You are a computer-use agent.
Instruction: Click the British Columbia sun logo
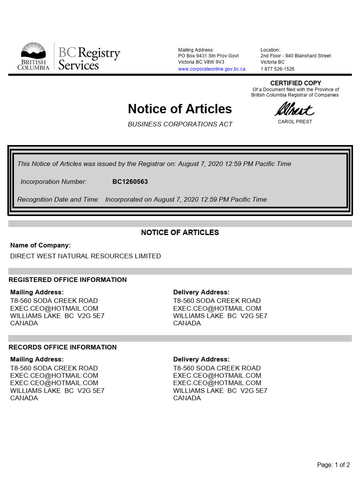coord(33,51)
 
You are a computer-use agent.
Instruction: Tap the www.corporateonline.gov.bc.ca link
coord(212,69)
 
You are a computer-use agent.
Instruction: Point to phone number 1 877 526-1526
coord(277,69)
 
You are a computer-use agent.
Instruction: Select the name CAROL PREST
coord(295,122)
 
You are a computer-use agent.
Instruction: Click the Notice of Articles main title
coord(180,109)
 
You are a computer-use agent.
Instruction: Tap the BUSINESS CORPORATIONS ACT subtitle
coord(180,125)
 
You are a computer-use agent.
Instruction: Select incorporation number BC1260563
coord(130,182)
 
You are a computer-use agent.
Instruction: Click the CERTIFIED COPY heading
coord(295,83)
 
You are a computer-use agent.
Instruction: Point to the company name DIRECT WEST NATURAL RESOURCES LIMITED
coord(85,256)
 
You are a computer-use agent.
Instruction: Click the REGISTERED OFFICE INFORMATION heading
coord(67,280)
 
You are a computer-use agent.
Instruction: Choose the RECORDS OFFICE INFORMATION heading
coord(62,347)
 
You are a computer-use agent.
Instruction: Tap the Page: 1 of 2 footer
coord(333,465)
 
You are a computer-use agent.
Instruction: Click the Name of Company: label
coord(40,245)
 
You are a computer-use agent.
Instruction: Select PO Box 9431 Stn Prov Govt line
coord(208,56)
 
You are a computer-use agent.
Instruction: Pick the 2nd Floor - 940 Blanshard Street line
coord(295,56)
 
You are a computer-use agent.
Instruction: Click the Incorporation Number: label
coord(53,182)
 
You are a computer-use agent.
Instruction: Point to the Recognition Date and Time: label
coord(58,200)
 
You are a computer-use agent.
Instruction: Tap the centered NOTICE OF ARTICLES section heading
coord(180,232)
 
